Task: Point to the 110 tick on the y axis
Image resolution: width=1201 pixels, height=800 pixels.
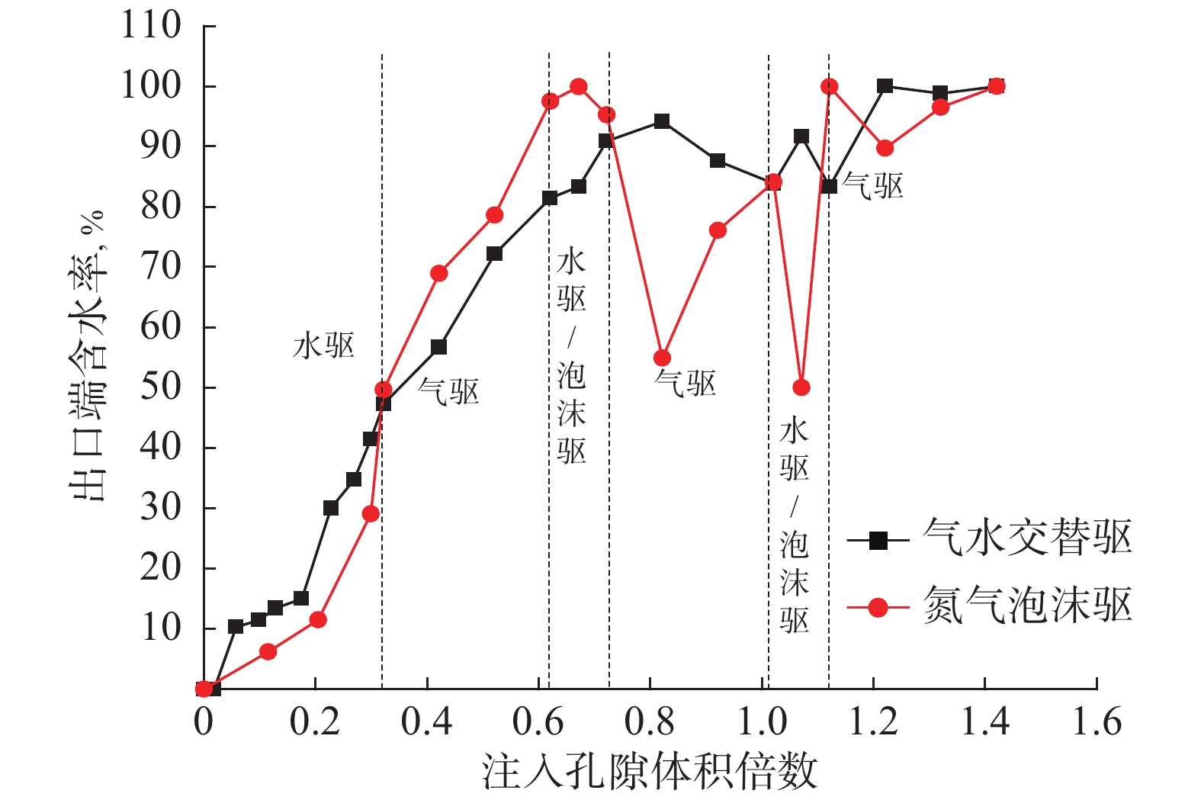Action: pyautogui.click(x=151, y=26)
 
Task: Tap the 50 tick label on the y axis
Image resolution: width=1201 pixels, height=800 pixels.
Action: pyautogui.click(x=160, y=387)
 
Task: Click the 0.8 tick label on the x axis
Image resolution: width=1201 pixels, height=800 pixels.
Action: pyautogui.click(x=649, y=721)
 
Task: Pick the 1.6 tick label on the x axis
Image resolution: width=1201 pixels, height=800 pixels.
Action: pyautogui.click(x=1097, y=721)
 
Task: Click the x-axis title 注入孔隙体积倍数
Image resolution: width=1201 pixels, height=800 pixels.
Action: pyautogui.click(x=649, y=772)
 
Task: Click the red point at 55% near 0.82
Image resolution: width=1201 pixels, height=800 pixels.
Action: pyautogui.click(x=662, y=358)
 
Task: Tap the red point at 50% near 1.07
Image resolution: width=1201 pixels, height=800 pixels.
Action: pyautogui.click(x=801, y=387)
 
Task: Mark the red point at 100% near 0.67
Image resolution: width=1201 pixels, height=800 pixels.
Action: pyautogui.click(x=579, y=86)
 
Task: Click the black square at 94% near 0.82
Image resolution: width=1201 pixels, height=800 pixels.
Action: pyautogui.click(x=662, y=121)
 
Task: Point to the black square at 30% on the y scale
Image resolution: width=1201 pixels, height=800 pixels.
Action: pyautogui.click(x=330, y=508)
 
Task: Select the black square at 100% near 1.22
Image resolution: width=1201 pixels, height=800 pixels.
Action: pyautogui.click(x=885, y=86)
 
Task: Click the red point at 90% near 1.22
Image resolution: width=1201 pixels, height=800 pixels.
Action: pyautogui.click(x=885, y=148)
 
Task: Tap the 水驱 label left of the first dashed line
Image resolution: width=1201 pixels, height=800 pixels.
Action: pyautogui.click(x=324, y=346)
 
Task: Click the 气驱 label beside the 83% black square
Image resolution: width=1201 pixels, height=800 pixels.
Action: pyautogui.click(x=872, y=186)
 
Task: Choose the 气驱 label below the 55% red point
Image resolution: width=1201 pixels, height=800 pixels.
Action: pyautogui.click(x=686, y=383)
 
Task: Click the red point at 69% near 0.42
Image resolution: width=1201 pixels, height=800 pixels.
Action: pyautogui.click(x=438, y=273)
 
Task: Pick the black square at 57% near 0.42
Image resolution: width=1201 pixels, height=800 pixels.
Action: pyautogui.click(x=438, y=347)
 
